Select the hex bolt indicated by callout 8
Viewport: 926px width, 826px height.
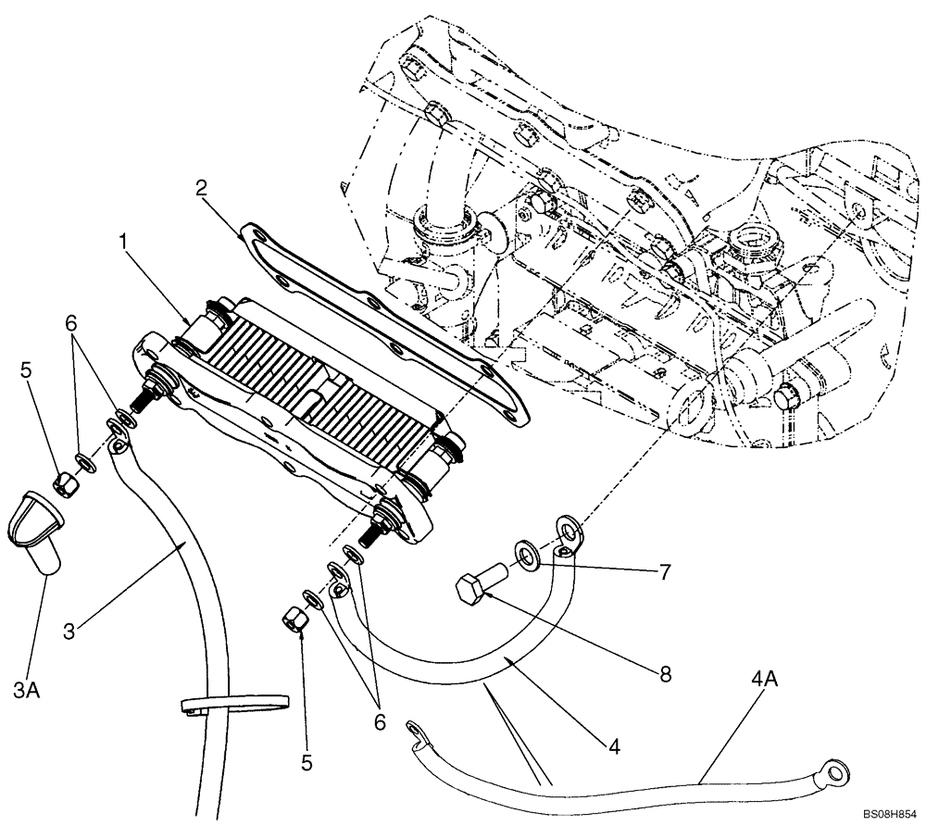coord(479,587)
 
